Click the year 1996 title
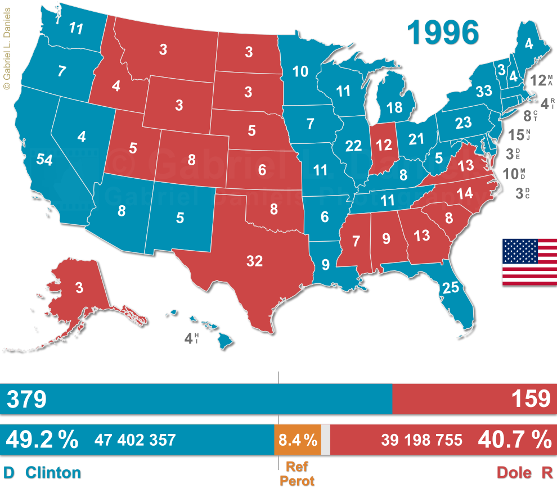tap(444, 33)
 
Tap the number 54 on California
tap(44, 160)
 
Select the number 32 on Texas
tap(254, 260)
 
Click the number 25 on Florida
tap(451, 288)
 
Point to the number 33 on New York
tap(484, 90)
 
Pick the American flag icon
tap(529, 262)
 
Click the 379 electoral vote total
tap(26, 399)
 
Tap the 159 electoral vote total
tap(531, 399)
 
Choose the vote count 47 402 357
tap(135, 440)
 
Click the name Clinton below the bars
tap(53, 473)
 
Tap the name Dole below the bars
tap(514, 473)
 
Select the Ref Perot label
tap(298, 473)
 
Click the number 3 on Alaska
tap(79, 288)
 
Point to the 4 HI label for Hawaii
tap(192, 338)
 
